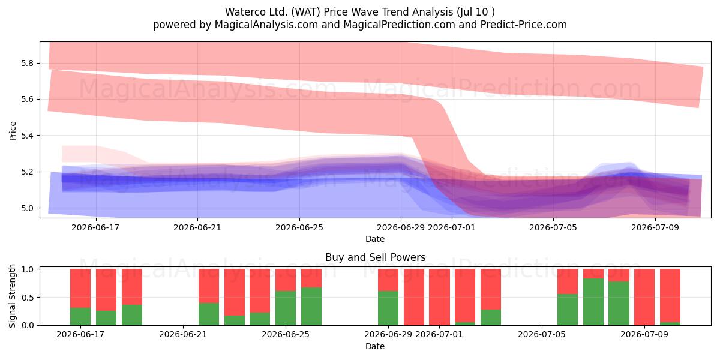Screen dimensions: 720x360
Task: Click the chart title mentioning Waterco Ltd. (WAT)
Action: [359, 12]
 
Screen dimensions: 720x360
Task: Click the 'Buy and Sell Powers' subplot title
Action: [375, 257]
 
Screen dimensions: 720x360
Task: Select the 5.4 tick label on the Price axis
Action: [28, 136]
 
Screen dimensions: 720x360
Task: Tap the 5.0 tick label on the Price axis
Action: [28, 208]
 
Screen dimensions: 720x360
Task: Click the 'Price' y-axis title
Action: [13, 131]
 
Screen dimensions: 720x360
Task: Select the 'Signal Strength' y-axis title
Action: [12, 296]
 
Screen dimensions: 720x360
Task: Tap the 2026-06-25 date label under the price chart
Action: [299, 227]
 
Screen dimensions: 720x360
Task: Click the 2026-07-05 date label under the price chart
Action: [553, 227]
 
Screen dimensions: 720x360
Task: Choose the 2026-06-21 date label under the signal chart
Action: [183, 334]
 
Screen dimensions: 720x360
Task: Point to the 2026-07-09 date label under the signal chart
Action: [644, 334]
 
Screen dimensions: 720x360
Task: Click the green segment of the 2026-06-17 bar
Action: [80, 317]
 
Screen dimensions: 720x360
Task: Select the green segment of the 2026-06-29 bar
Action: [388, 308]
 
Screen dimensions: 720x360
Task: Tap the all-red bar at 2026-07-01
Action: [439, 297]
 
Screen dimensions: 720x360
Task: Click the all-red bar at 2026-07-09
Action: [644, 297]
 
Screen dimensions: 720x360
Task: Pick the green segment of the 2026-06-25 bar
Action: [286, 308]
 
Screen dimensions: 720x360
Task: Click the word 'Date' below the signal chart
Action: [375, 346]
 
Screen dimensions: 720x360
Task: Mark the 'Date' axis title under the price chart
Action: [375, 239]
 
